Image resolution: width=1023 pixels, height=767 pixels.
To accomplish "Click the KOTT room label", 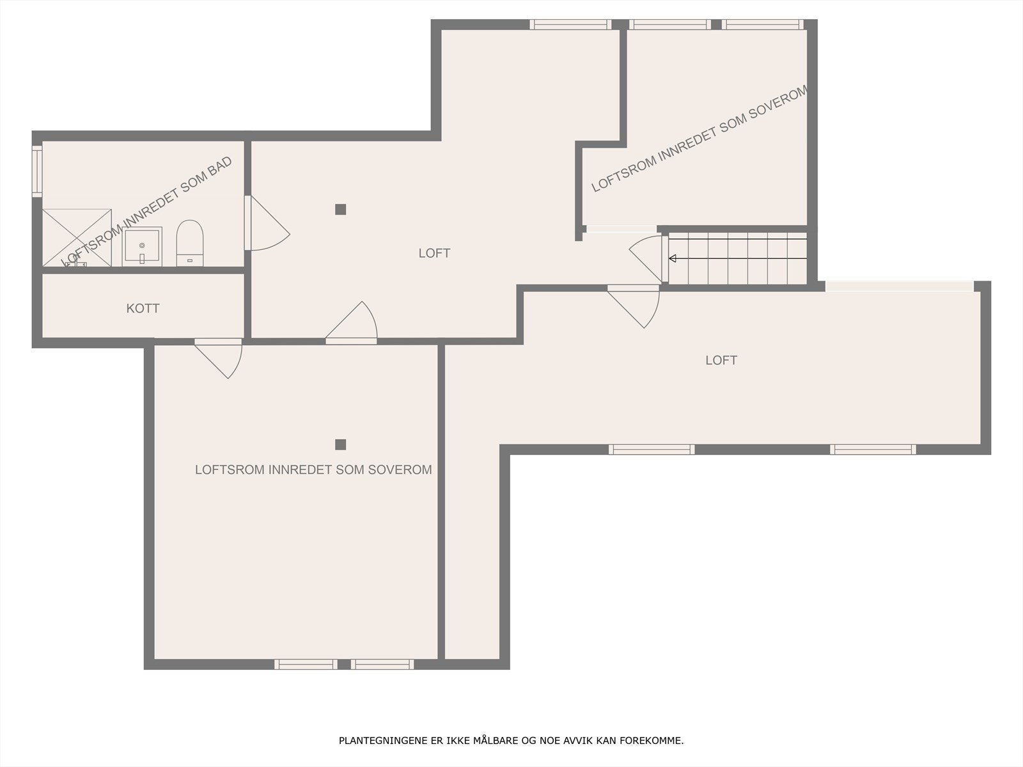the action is (x=143, y=308).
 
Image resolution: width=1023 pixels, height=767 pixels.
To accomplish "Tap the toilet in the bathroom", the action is (x=190, y=243).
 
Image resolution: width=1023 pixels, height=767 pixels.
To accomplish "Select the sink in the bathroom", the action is (x=142, y=246).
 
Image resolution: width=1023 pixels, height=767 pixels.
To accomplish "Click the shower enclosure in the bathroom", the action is (x=77, y=238).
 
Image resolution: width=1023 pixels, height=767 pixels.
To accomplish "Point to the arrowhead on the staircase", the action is (x=672, y=258).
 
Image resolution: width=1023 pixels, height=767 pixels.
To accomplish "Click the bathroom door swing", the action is (x=267, y=223).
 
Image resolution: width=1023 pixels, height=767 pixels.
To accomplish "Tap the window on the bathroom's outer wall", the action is (x=37, y=171).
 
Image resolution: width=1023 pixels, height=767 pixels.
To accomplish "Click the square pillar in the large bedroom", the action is (x=341, y=445).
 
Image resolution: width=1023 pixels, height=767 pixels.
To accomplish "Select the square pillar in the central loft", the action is (x=341, y=210).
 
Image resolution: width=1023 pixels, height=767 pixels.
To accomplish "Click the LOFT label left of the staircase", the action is (x=434, y=253).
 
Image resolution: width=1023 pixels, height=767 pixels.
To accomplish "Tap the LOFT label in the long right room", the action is (x=721, y=360).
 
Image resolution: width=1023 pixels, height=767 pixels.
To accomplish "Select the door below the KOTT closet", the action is (x=218, y=359).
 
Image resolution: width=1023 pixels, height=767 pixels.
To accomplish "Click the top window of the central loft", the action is (x=570, y=24).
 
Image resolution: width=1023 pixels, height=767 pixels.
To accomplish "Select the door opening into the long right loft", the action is (x=634, y=306).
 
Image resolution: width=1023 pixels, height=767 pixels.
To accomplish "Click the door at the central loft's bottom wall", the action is (x=352, y=323).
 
